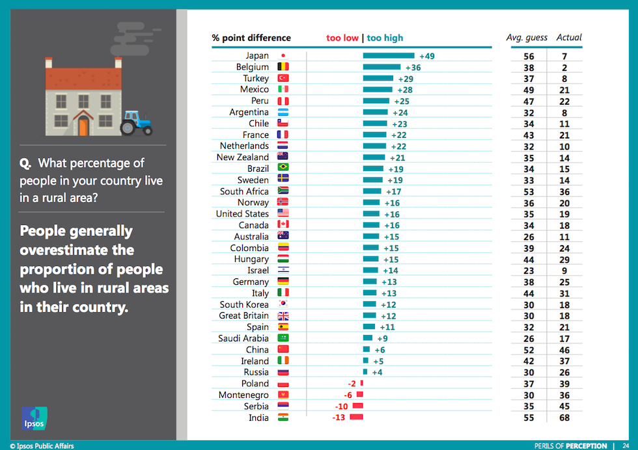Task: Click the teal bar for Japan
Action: point(389,56)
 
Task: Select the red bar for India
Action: point(356,417)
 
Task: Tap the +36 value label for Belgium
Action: point(413,67)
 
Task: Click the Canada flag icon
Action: point(283,225)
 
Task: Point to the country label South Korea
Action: point(244,304)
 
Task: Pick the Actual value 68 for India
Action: point(564,417)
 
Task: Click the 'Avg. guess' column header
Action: point(527,38)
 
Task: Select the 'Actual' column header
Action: point(569,38)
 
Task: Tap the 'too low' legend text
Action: point(342,38)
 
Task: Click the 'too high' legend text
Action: point(385,38)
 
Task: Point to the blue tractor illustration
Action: point(136,122)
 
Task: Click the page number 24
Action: point(625,445)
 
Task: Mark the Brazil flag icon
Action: point(283,168)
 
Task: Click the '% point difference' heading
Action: point(251,38)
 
